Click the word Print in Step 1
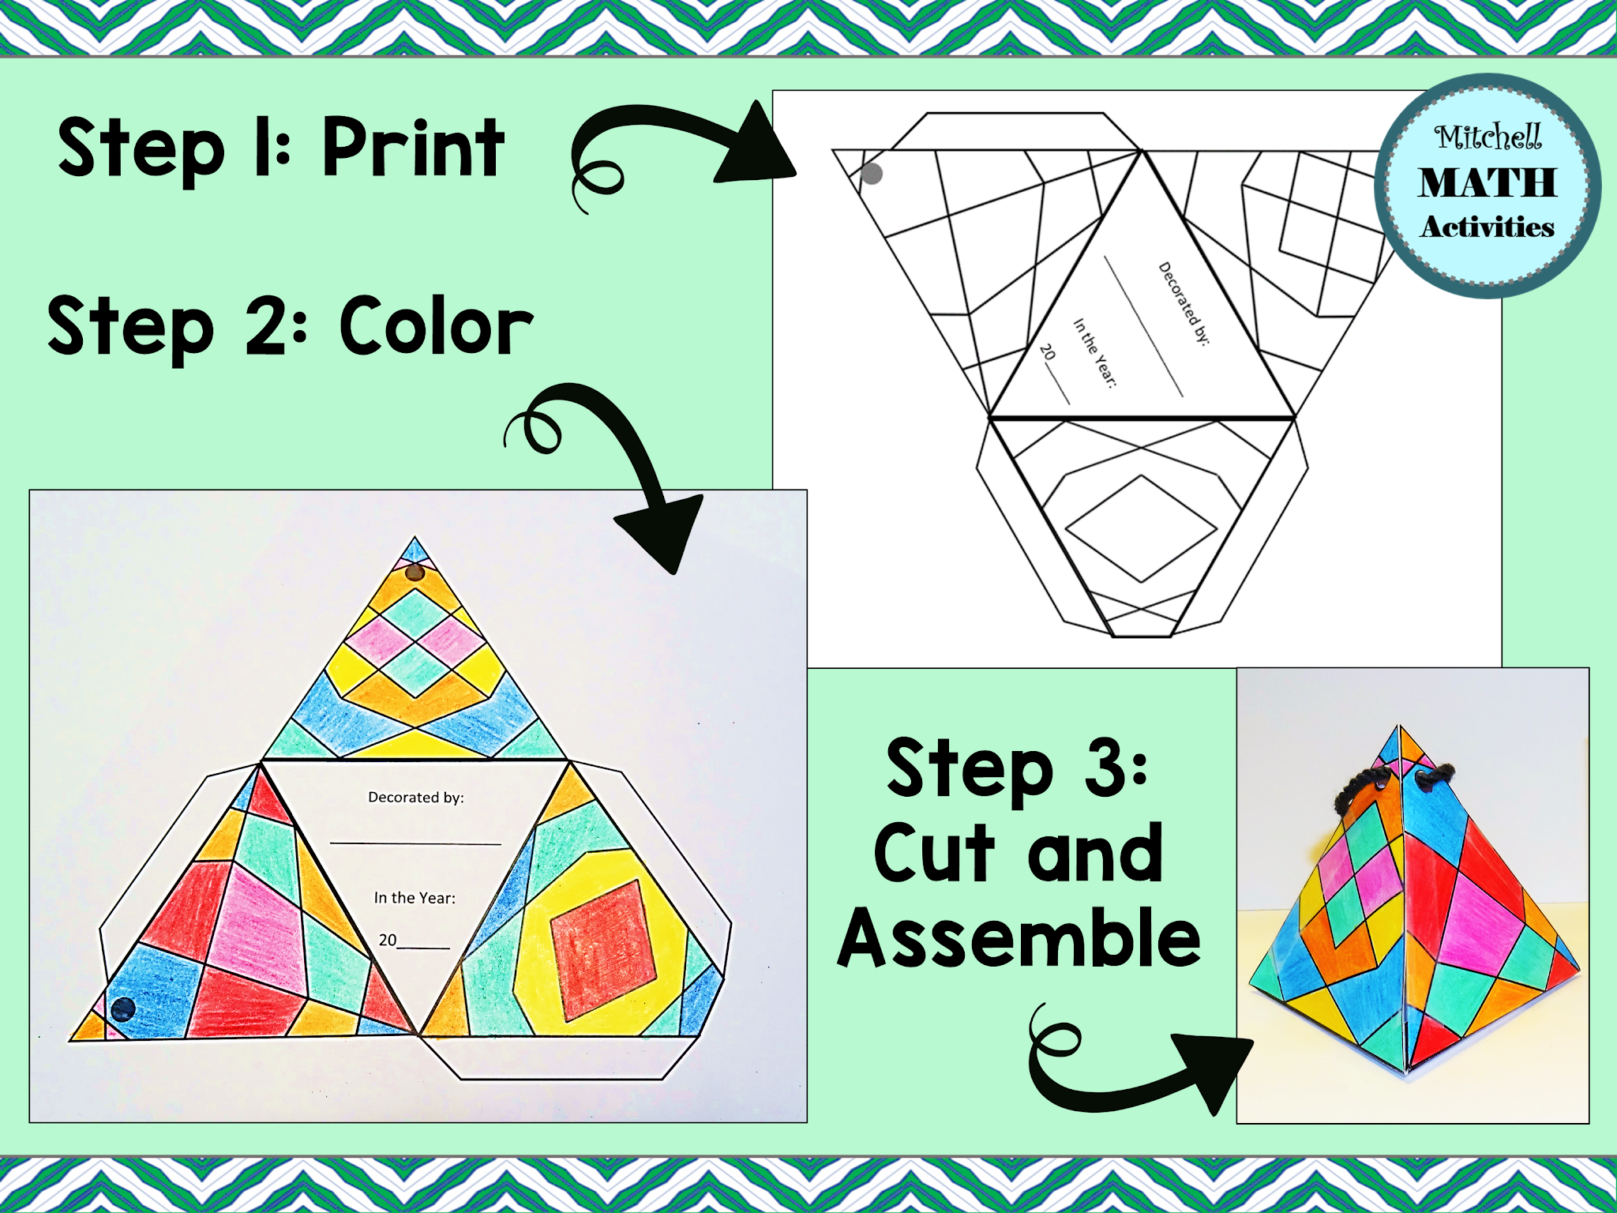tap(413, 148)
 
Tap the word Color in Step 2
tap(437, 325)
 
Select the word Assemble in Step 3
tap(1019, 937)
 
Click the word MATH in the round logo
tap(1488, 183)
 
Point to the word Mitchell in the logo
tap(1488, 137)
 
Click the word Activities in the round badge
tap(1488, 227)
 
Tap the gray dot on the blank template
tap(872, 174)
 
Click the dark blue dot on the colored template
tap(123, 1008)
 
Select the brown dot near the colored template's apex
tap(415, 573)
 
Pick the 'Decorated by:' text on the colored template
tap(416, 798)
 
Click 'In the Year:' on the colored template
tap(415, 898)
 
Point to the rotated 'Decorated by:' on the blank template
tap(1184, 304)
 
